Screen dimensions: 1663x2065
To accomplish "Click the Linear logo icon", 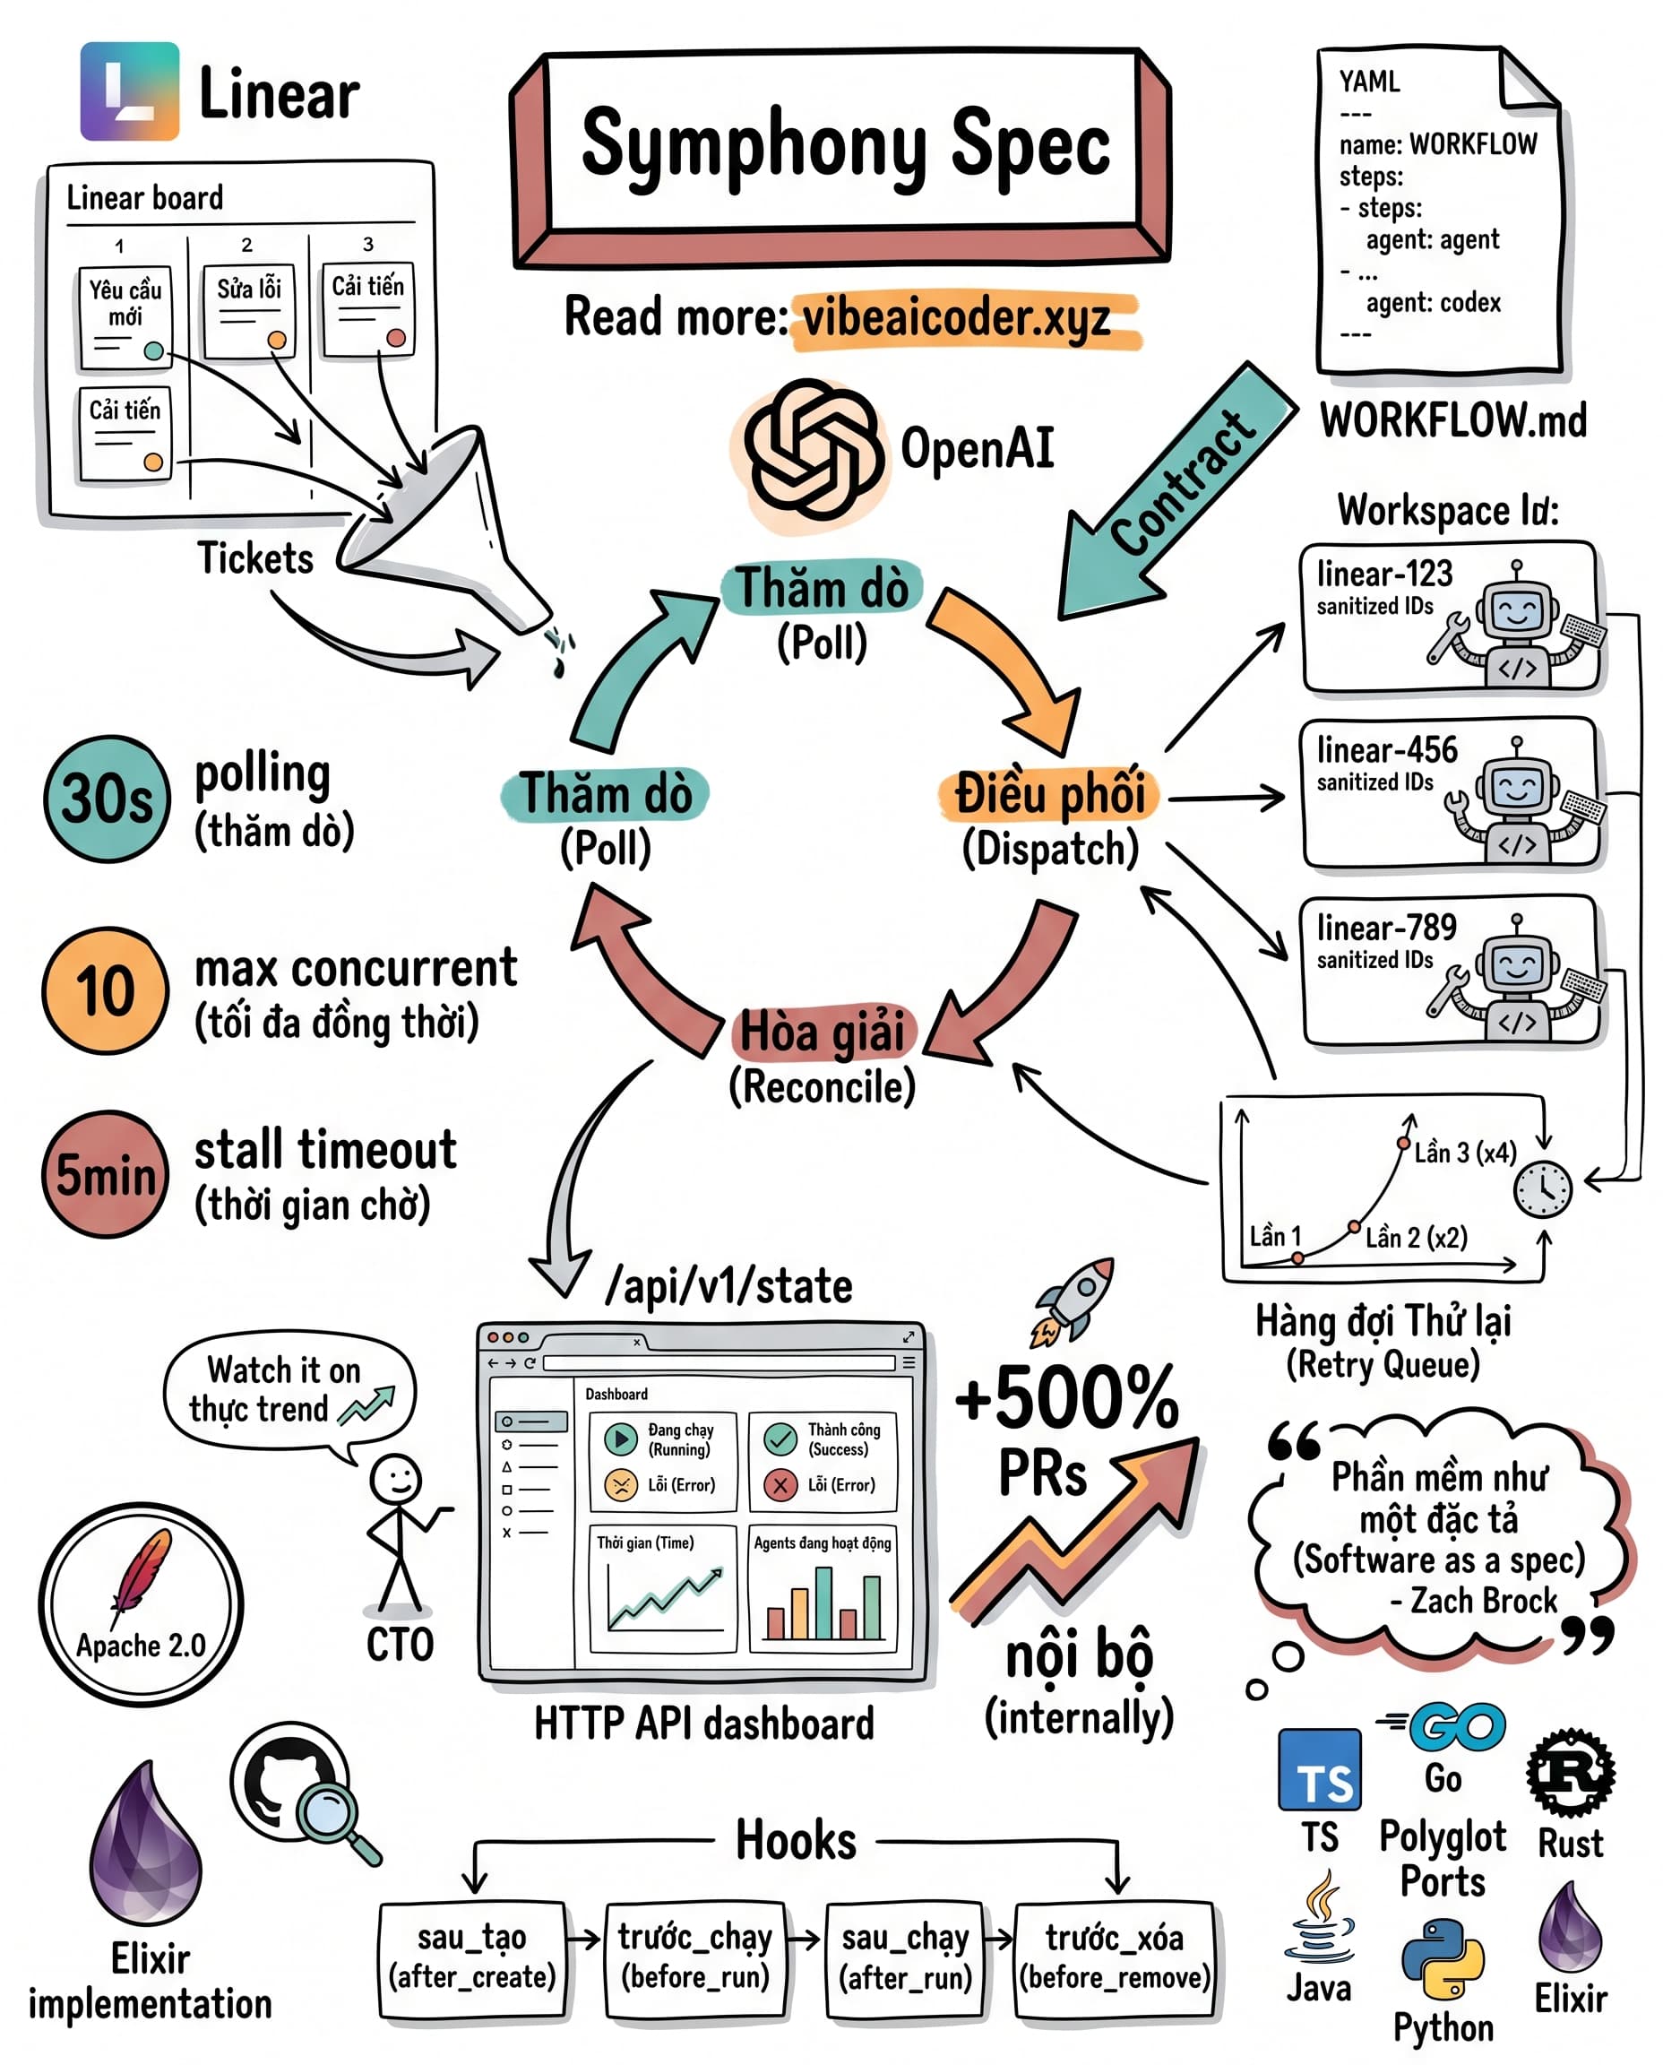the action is (129, 91).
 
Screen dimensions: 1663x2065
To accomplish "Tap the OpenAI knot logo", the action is (814, 449).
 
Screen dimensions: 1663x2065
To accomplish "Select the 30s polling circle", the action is (107, 799).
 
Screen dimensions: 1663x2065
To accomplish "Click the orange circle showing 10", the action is (106, 989).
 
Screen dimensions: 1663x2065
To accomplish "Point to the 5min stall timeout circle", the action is (106, 1174).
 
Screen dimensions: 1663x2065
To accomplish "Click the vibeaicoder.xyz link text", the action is (956, 317).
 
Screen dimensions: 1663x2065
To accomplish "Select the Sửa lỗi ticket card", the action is (249, 311).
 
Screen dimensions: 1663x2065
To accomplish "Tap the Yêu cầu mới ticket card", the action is (125, 317).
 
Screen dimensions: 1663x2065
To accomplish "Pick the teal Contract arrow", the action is (1178, 488).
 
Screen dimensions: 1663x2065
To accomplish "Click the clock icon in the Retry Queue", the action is (1542, 1188).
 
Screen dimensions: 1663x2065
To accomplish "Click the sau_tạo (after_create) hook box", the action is (472, 1957).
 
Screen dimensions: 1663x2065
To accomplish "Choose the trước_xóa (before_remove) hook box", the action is (1115, 1957).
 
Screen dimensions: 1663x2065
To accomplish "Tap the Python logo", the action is (1442, 1960).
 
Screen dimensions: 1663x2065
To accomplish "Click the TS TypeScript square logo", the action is (1320, 1770).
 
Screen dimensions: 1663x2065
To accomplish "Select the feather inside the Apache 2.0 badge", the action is (142, 1575).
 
